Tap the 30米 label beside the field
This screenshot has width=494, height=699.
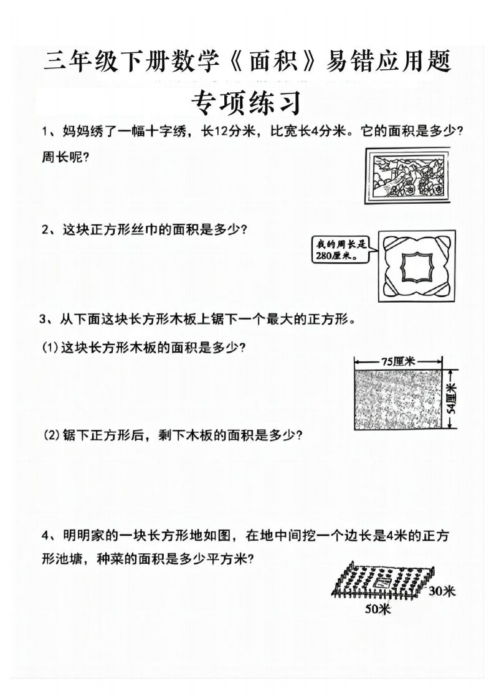[x=442, y=590]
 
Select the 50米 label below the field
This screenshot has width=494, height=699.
[x=378, y=609]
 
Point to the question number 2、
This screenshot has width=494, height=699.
[x=49, y=229]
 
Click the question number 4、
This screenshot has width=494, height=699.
[x=49, y=535]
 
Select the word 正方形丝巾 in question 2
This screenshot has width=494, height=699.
[x=120, y=229]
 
